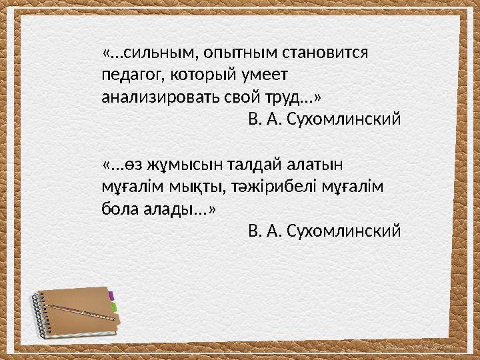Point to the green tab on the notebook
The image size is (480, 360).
[x=114, y=307]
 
